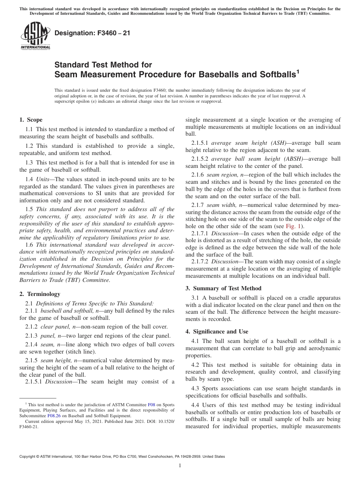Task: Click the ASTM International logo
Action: [35, 36]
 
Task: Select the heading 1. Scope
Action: [31, 120]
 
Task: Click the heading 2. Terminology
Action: [40, 294]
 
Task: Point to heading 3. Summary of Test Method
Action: [224, 288]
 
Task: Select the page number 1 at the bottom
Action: [180, 466]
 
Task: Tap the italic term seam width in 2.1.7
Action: [221, 205]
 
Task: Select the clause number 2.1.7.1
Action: [200, 233]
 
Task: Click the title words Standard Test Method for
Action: [103, 65]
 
